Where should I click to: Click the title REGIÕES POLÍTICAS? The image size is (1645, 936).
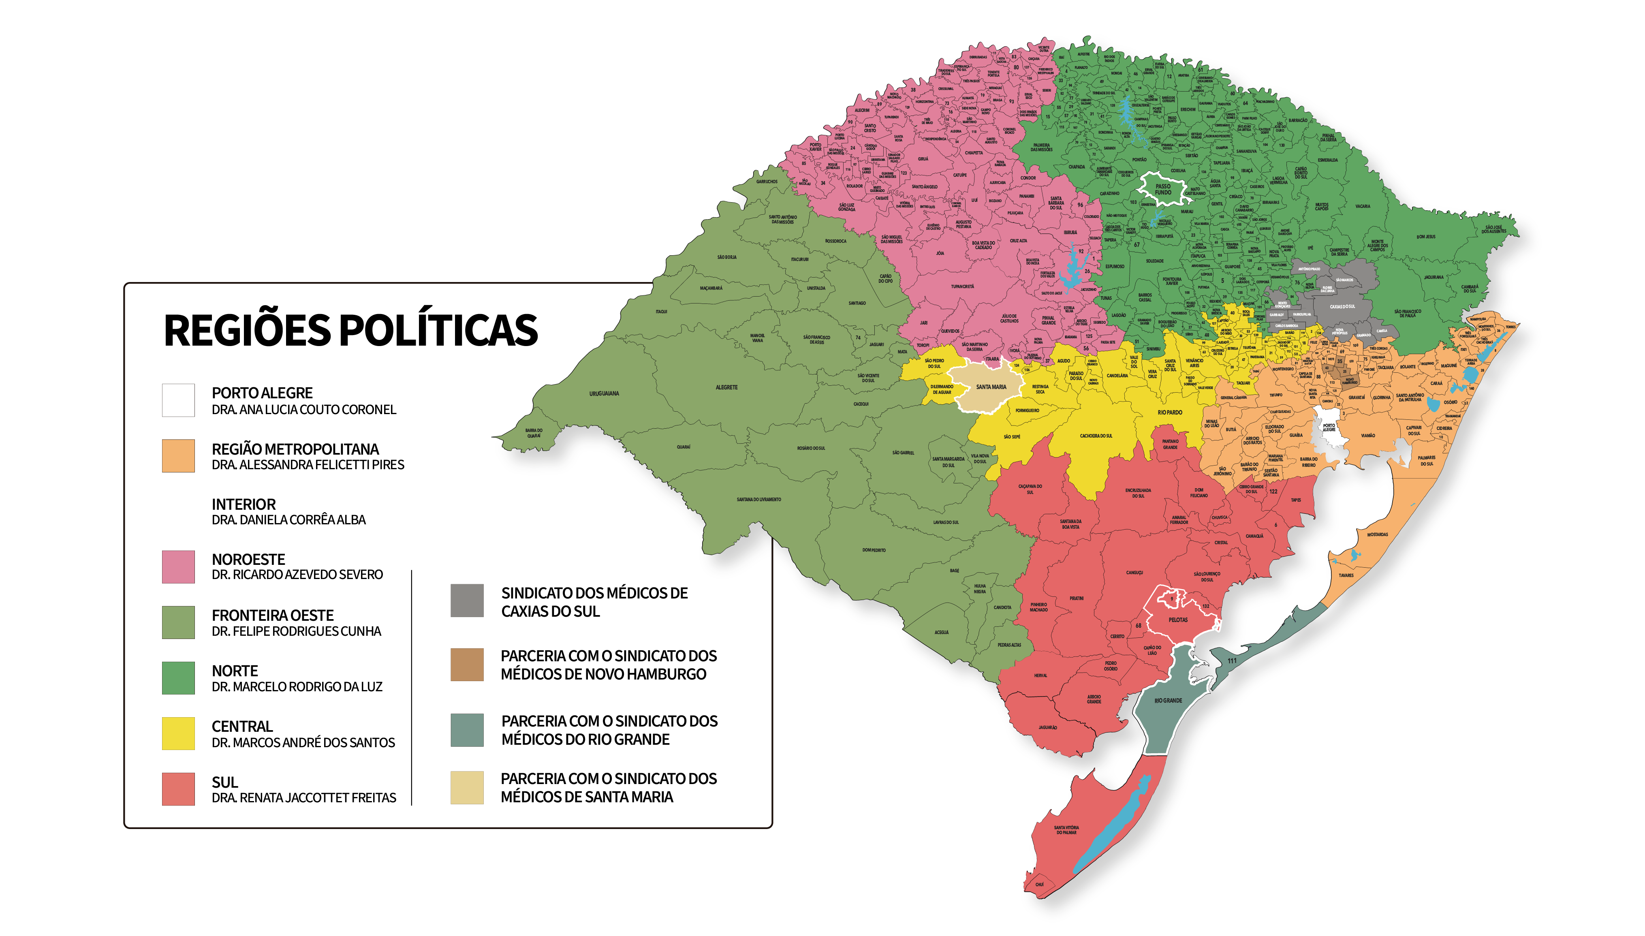pyautogui.click(x=350, y=330)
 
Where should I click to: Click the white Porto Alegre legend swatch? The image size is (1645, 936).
pyautogui.click(x=178, y=400)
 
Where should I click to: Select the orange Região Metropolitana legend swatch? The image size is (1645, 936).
pyautogui.click(x=178, y=456)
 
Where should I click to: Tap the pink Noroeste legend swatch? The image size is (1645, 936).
pyautogui.click(x=178, y=566)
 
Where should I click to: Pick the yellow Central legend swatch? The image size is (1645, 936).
pyautogui.click(x=178, y=733)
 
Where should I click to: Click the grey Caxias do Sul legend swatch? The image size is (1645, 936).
pyautogui.click(x=467, y=600)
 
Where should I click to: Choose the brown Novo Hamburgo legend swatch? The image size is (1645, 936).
pyautogui.click(x=467, y=664)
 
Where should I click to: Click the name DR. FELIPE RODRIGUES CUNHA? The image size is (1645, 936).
pyautogui.click(x=296, y=631)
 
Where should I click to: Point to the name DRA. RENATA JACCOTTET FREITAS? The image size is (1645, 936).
pyautogui.click(x=303, y=798)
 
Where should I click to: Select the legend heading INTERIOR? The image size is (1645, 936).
pyautogui.click(x=244, y=504)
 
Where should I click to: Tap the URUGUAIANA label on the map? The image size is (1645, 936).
pyautogui.click(x=604, y=393)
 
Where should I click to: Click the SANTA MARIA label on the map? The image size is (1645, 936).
pyautogui.click(x=991, y=387)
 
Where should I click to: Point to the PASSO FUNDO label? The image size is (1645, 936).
pyautogui.click(x=1163, y=189)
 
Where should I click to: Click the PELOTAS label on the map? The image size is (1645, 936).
pyautogui.click(x=1178, y=620)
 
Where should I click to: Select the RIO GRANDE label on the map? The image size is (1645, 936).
pyautogui.click(x=1167, y=701)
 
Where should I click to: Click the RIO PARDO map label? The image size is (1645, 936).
pyautogui.click(x=1169, y=412)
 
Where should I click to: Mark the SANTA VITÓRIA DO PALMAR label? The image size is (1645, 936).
pyautogui.click(x=1066, y=830)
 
